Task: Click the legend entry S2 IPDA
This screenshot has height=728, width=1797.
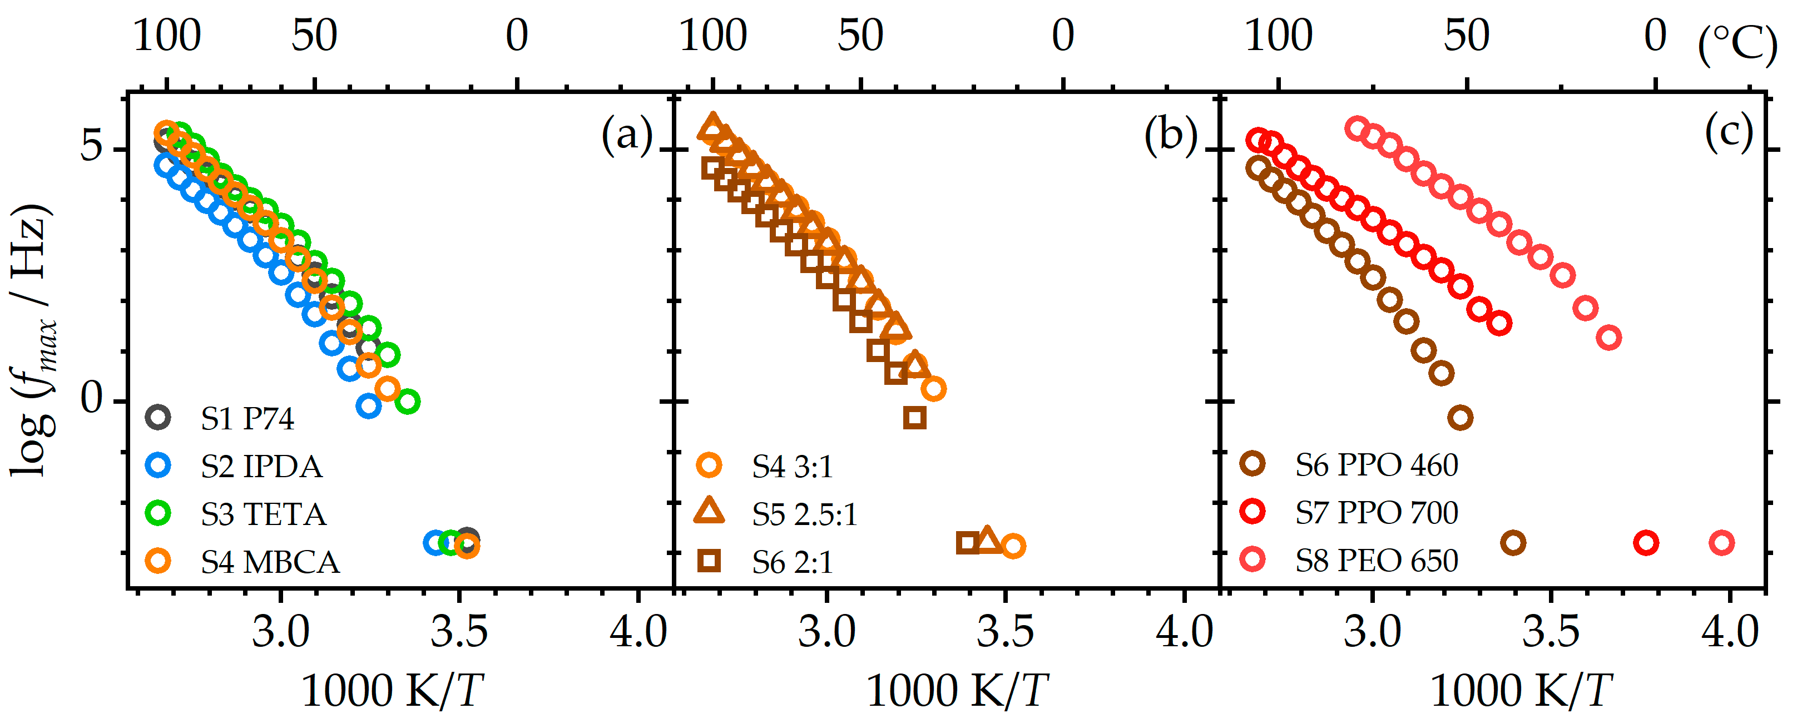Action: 261,467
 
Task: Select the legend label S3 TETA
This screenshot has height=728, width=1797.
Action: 263,514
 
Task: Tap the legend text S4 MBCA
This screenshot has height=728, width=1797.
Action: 269,562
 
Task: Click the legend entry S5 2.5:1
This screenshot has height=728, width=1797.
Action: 804,514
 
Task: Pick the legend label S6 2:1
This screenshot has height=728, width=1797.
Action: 793,562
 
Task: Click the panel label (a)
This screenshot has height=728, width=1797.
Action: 626,134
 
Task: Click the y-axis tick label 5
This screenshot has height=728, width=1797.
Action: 91,147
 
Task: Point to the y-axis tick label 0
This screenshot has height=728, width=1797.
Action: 91,399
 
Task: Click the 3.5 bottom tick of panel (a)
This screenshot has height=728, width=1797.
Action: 458,632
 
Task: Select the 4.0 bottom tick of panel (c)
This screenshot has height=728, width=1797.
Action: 1729,632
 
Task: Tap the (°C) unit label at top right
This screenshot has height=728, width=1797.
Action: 1736,44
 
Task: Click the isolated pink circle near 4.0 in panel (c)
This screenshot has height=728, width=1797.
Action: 1722,542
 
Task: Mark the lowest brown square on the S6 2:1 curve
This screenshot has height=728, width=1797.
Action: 914,418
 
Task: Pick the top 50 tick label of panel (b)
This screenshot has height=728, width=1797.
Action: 860,36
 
